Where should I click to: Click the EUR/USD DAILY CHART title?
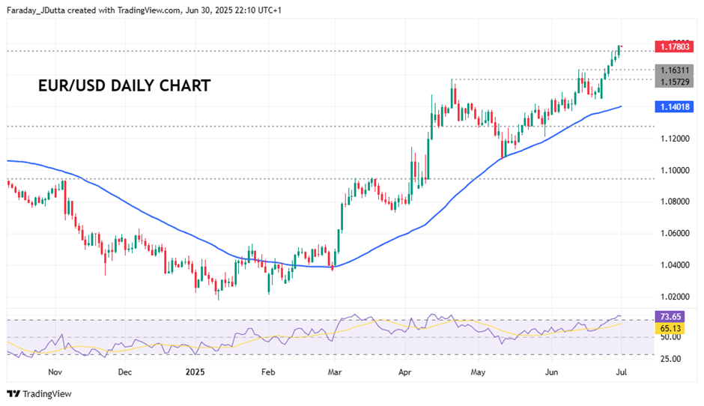pyautogui.click(x=124, y=85)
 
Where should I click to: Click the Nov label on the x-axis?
pyautogui.click(x=55, y=372)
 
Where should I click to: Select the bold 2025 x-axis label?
pyautogui.click(x=194, y=372)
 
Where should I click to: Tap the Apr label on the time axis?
pyautogui.click(x=405, y=372)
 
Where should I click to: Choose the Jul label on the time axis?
pyautogui.click(x=621, y=372)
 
